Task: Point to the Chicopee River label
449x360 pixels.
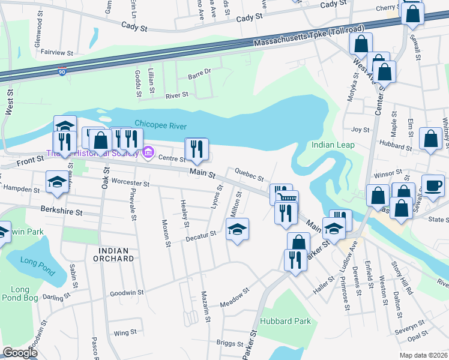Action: click(x=160, y=125)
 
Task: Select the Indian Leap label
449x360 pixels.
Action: click(x=333, y=145)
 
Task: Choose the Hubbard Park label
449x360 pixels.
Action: click(x=289, y=321)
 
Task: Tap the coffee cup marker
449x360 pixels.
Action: click(x=433, y=185)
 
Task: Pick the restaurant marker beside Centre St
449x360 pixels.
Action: click(x=196, y=149)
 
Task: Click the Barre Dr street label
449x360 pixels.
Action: click(x=200, y=71)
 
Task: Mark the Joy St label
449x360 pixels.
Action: click(x=359, y=130)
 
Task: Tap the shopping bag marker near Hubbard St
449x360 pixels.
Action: click(x=431, y=138)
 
